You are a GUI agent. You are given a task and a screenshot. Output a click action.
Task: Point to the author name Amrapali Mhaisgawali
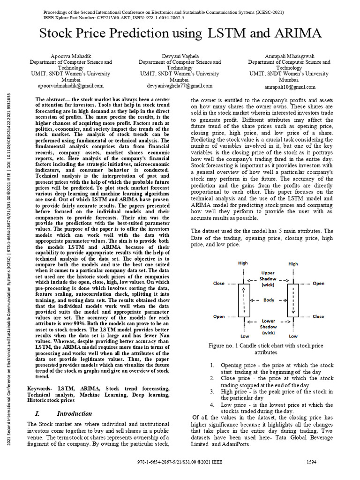pyautogui.click(x=289, y=55)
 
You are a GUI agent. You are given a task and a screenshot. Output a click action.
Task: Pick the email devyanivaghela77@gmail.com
pyautogui.click(x=180, y=86)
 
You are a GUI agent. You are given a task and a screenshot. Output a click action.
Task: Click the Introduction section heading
pyautogui.click(x=74, y=413)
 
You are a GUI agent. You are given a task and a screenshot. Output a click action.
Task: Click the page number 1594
pyautogui.click(x=311, y=462)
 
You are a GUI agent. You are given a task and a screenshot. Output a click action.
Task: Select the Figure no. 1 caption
pyautogui.click(x=266, y=349)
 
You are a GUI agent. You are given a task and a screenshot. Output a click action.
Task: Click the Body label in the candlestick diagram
pyautogui.click(x=268, y=300)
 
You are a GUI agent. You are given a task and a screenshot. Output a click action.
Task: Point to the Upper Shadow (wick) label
pyautogui.click(x=268, y=279)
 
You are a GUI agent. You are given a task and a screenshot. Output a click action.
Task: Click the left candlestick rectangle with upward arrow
pyautogui.click(x=244, y=300)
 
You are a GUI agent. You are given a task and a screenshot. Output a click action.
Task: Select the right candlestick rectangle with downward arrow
pyautogui.click(x=293, y=300)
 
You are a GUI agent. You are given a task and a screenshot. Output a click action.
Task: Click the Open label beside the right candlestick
pyautogui.click(x=318, y=283)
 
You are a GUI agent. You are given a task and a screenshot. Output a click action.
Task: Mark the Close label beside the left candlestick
pyautogui.click(x=219, y=283)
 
